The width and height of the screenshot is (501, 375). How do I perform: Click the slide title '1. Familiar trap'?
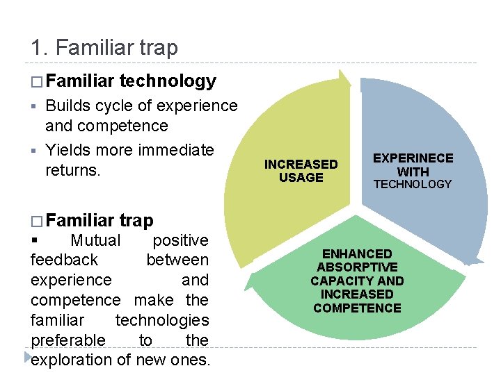coord(104,48)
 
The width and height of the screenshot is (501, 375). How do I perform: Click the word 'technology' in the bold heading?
coord(168,81)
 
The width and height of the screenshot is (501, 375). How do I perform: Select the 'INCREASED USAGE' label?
coord(301,171)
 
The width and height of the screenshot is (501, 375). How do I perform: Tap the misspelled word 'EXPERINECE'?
coord(413,158)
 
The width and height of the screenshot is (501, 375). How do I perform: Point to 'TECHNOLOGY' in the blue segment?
coord(413,184)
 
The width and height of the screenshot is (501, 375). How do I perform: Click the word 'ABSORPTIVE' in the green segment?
coord(357,267)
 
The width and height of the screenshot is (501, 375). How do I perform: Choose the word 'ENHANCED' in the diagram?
coord(357,254)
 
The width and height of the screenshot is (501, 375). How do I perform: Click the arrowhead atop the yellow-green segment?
coord(344,78)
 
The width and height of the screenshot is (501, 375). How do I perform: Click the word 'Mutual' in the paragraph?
coord(96,240)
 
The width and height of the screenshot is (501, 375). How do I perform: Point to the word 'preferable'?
coord(68,340)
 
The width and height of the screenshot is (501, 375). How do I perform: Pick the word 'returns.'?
coord(73,169)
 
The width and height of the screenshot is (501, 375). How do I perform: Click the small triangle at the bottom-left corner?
coord(27,358)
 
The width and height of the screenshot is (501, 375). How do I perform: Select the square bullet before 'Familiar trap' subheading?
coord(36,222)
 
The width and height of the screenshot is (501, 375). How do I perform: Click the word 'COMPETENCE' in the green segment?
coord(357,308)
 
